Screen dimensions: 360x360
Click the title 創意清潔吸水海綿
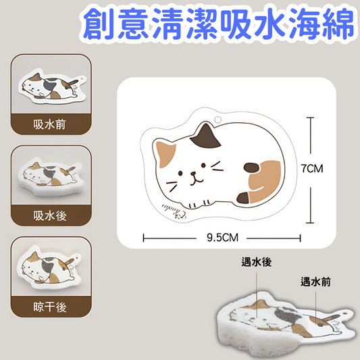point(217,24)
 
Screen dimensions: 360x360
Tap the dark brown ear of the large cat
point(205,139)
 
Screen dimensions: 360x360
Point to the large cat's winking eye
point(215,163)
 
